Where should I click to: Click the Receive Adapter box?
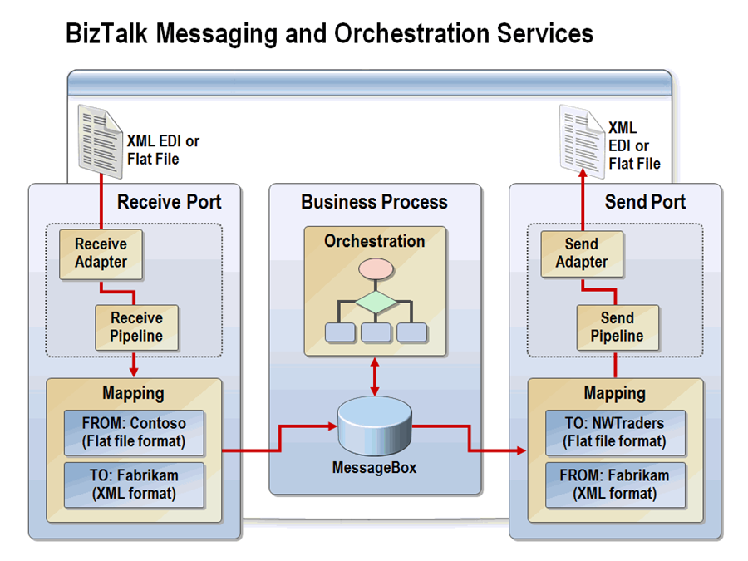click(101, 253)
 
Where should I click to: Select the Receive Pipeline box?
click(136, 327)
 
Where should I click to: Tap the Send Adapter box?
click(581, 253)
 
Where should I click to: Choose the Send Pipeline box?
click(617, 327)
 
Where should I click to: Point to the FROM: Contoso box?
click(135, 432)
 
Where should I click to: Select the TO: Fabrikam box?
click(135, 485)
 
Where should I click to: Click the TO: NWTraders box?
click(615, 432)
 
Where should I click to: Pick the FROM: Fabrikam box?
click(615, 485)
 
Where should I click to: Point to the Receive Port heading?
click(169, 202)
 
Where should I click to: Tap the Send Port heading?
click(645, 202)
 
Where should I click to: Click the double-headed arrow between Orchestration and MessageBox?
click(375, 376)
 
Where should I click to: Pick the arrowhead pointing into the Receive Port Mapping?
click(134, 371)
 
